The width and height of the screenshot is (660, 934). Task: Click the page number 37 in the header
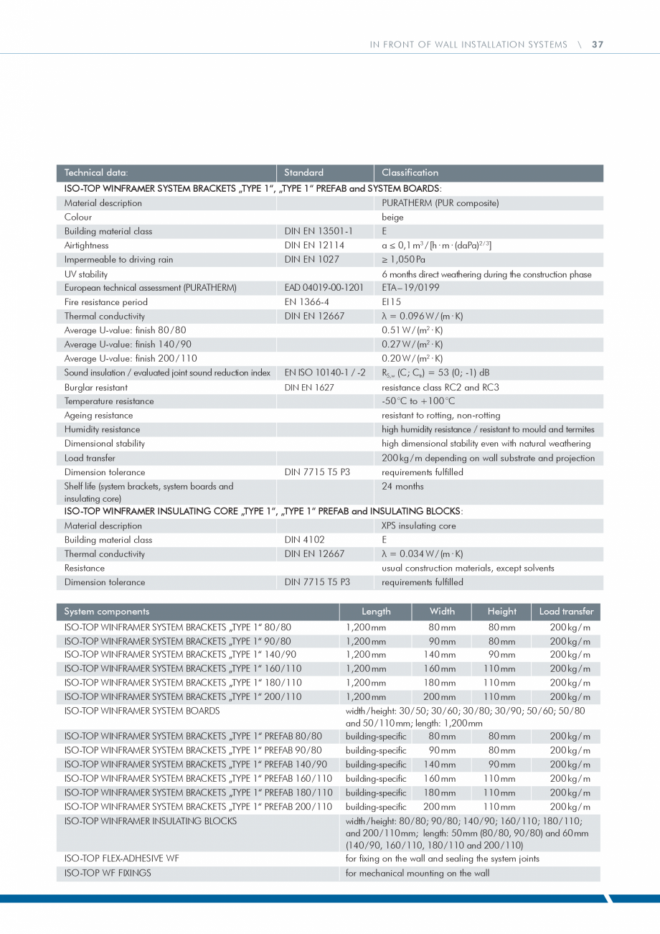pyautogui.click(x=598, y=45)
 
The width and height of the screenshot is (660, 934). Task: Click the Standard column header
pyautogui.click(x=303, y=172)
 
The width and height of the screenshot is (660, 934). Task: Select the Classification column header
pyautogui.click(x=410, y=172)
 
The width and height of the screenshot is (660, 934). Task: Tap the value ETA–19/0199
pyautogui.click(x=411, y=288)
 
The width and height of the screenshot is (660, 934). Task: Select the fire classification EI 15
pyautogui.click(x=392, y=302)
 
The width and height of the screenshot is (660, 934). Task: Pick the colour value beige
pyautogui.click(x=392, y=217)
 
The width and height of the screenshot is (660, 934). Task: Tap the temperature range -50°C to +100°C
pyautogui.click(x=418, y=401)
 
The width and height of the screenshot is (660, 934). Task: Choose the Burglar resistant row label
pyautogui.click(x=96, y=387)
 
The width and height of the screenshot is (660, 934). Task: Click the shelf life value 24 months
pyautogui.click(x=402, y=487)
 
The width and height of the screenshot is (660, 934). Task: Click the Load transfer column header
pyautogui.click(x=566, y=612)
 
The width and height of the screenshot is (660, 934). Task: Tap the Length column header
pyautogui.click(x=376, y=612)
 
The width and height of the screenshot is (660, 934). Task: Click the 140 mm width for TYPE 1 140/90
pyautogui.click(x=440, y=655)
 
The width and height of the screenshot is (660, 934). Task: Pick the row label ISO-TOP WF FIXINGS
pyautogui.click(x=108, y=874)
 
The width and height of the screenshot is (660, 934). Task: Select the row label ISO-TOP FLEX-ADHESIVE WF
pyautogui.click(x=122, y=859)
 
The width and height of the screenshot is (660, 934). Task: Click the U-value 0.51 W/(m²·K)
pyautogui.click(x=412, y=330)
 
